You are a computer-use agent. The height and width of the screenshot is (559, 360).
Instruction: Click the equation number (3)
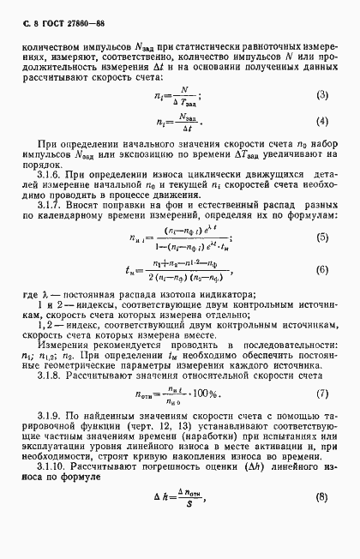click(x=322, y=94)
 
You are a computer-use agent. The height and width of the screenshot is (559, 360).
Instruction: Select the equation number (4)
click(x=322, y=120)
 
